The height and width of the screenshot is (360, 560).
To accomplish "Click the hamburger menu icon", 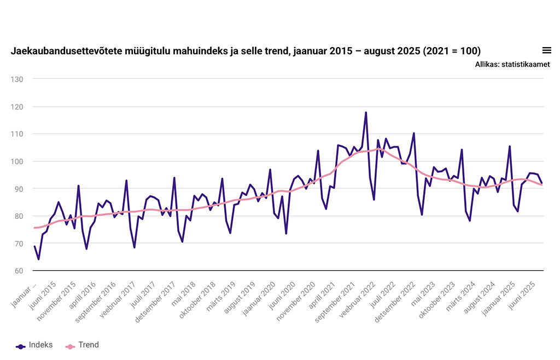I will pos(546,50).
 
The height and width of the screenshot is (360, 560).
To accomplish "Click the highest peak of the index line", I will pos(366,113).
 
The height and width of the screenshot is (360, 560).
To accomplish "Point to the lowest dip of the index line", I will pos(38,259).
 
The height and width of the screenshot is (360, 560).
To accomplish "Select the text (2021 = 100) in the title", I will pos(452,51).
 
